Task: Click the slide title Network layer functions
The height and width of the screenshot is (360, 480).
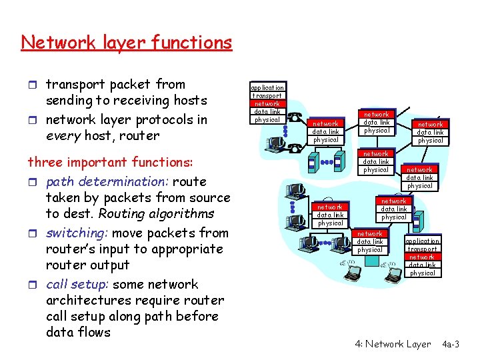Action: pos(126,43)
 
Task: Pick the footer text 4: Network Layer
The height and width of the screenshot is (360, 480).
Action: pos(393,344)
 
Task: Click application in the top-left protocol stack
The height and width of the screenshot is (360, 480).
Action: pos(267,87)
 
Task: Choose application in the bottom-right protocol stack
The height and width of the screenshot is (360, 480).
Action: pos(422,241)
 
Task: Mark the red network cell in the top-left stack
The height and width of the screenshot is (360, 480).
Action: pos(267,103)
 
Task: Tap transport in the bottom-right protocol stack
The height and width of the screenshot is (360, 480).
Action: pos(422,249)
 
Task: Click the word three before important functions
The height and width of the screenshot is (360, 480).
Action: pos(44,162)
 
